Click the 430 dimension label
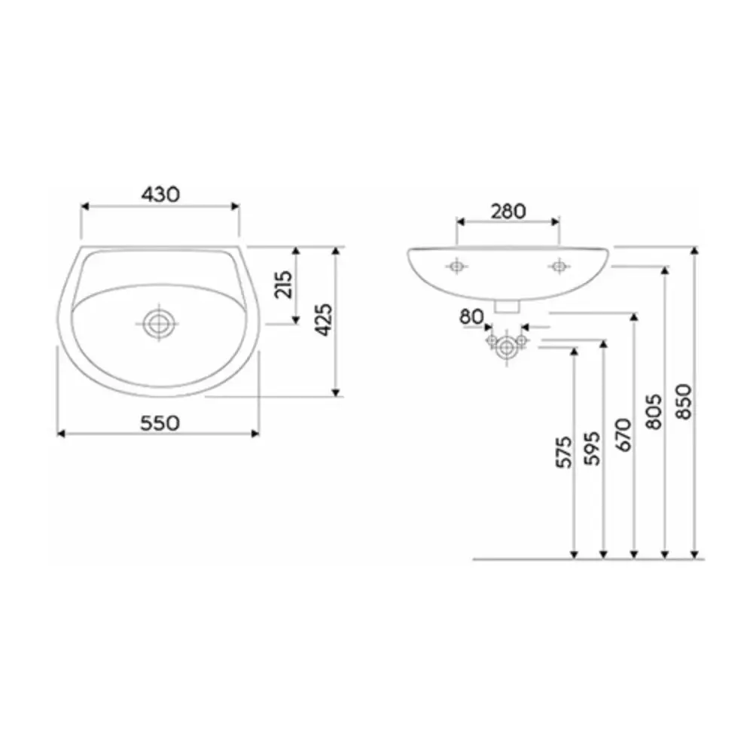tap(160, 194)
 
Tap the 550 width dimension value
tap(160, 423)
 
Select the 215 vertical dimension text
tap(283, 285)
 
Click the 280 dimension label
tap(508, 212)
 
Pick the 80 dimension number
tap(471, 317)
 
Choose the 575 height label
tap(564, 452)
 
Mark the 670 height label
tap(623, 435)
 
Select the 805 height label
tap(654, 412)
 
